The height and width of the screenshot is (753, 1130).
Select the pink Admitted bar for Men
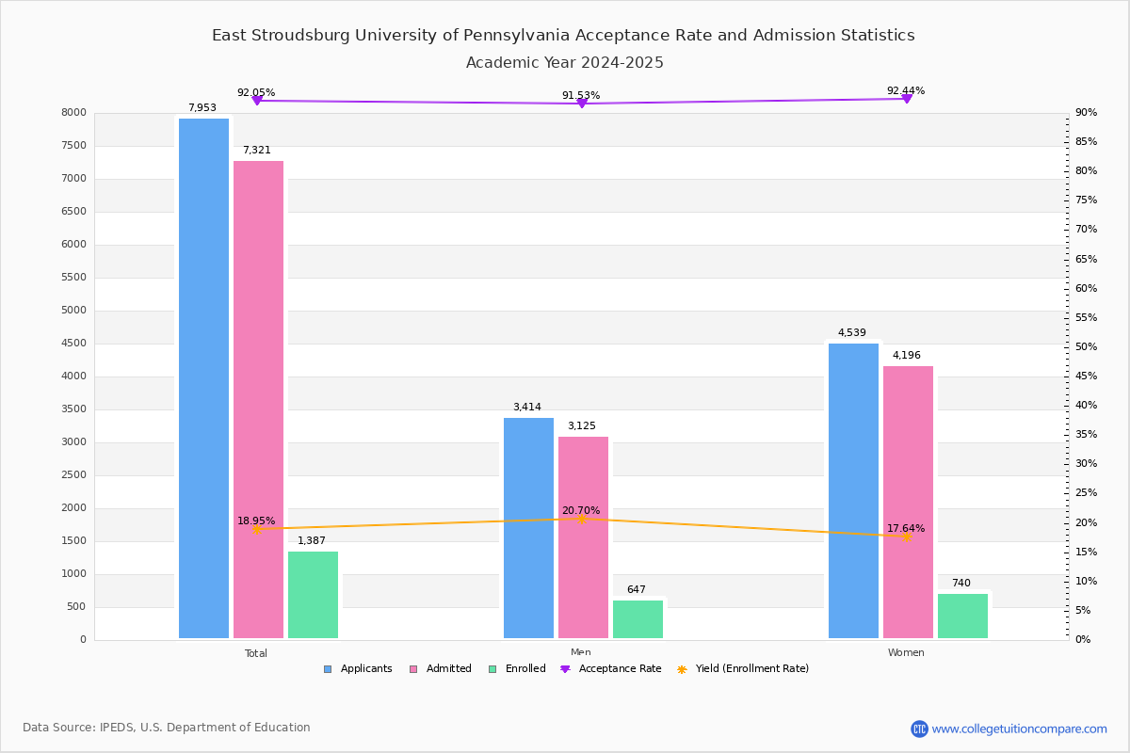[x=583, y=537]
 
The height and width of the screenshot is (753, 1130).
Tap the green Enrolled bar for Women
[x=962, y=616]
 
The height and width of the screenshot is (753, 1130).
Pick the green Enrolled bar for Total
[x=313, y=595]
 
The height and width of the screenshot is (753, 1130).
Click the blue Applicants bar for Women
[x=853, y=490]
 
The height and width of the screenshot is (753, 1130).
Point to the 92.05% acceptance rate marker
[x=256, y=100]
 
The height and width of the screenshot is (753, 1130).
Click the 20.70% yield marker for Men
[x=581, y=519]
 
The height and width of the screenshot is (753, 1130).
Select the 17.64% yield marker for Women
[x=906, y=537]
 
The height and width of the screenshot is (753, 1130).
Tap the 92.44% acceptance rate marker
[x=906, y=98]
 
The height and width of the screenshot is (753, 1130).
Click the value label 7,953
[x=202, y=107]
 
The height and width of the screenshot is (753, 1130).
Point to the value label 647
[x=637, y=590]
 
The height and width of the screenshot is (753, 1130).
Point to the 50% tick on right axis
[x=1086, y=347]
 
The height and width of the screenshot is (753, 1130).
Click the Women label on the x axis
[x=906, y=653]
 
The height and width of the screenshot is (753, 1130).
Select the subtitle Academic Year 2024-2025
[x=565, y=63]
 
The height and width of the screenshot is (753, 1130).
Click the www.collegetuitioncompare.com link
[x=1019, y=729]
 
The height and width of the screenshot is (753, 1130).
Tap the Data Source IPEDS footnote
[x=167, y=728]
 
